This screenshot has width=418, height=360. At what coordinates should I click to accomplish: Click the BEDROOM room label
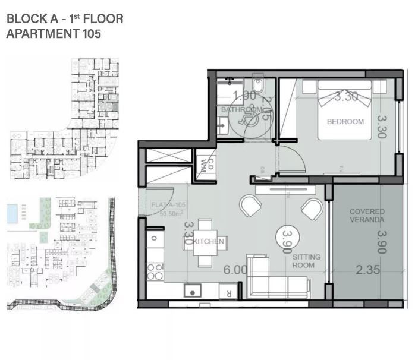(345, 122)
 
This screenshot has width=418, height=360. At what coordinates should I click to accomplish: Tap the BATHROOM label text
(241, 110)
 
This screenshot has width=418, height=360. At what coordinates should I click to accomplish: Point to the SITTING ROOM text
(306, 261)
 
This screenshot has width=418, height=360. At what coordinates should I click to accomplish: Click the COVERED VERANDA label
(366, 215)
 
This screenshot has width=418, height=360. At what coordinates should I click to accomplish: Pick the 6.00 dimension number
(235, 269)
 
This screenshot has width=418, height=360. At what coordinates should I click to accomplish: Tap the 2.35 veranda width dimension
(367, 270)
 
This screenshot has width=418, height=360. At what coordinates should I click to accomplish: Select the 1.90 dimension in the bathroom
(244, 96)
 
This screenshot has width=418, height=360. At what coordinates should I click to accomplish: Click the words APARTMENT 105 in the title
(54, 33)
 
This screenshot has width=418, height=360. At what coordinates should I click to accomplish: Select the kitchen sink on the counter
(192, 290)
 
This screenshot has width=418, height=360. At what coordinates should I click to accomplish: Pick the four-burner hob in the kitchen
(155, 271)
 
